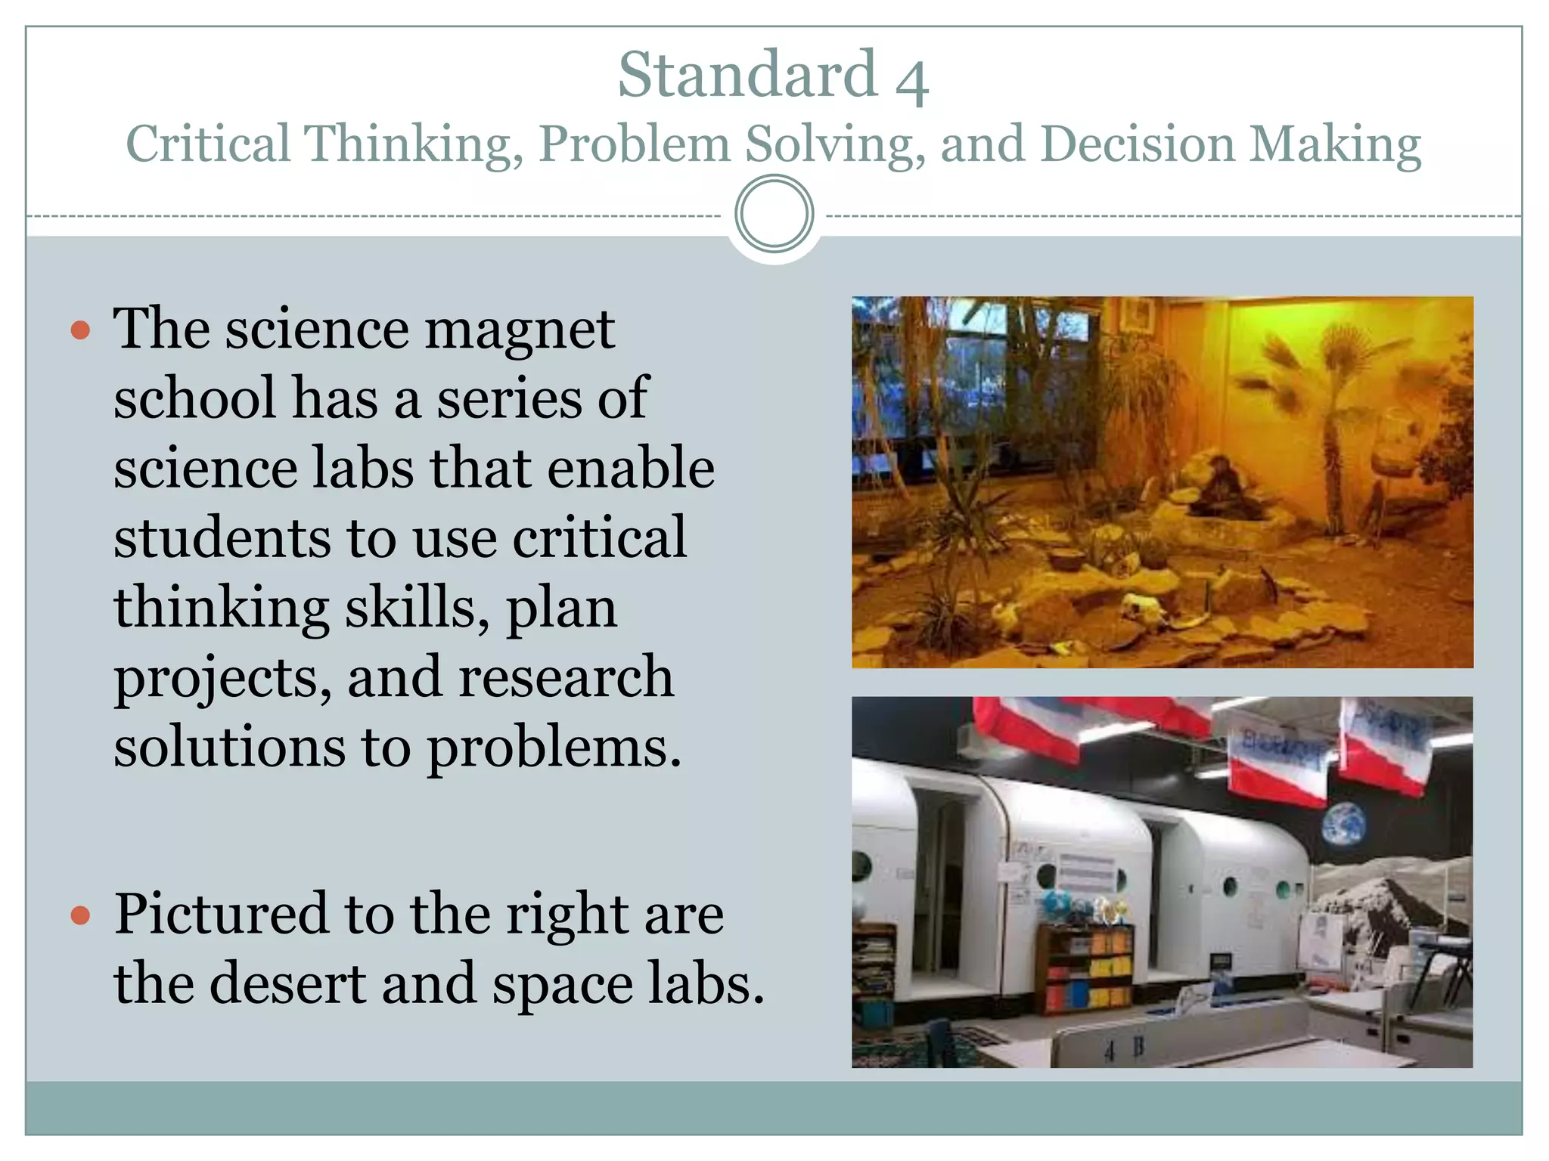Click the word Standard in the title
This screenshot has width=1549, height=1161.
pyautogui.click(x=747, y=74)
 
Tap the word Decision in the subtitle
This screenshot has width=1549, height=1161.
pyautogui.click(x=1137, y=144)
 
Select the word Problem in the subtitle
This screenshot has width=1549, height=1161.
pyautogui.click(x=634, y=144)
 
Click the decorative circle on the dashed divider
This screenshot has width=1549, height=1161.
pyautogui.click(x=774, y=214)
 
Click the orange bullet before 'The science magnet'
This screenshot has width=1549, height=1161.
pyautogui.click(x=80, y=330)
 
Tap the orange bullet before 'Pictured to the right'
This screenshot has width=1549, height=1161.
pyautogui.click(x=80, y=916)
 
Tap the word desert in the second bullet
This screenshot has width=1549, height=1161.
pyautogui.click(x=287, y=984)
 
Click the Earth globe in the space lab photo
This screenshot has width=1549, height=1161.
pyautogui.click(x=1344, y=825)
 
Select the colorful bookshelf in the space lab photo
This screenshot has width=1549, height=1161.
pyautogui.click(x=1086, y=970)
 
